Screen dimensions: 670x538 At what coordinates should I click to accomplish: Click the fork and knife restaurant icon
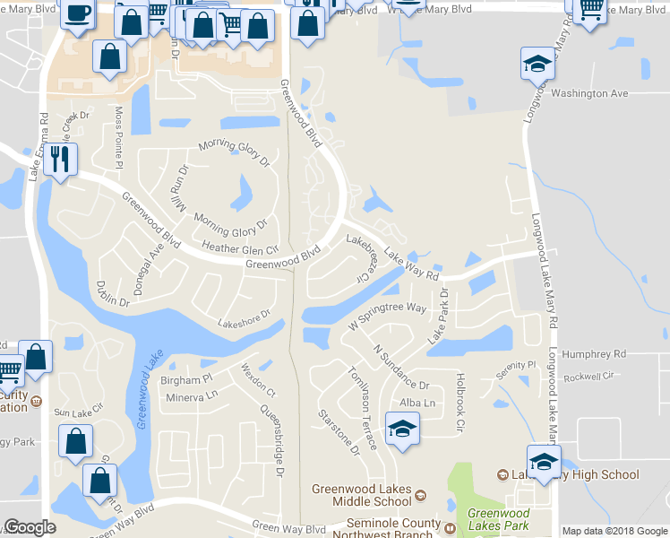click(x=60, y=160)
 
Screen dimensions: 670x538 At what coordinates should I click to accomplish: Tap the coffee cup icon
click(x=77, y=13)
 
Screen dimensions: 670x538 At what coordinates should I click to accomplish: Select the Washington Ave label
click(x=589, y=93)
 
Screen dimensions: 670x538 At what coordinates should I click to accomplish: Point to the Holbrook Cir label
click(x=461, y=398)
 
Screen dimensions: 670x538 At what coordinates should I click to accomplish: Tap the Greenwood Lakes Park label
click(x=497, y=519)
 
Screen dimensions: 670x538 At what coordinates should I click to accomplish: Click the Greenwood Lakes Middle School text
click(x=361, y=495)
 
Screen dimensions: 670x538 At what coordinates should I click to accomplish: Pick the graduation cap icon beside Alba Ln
click(x=402, y=428)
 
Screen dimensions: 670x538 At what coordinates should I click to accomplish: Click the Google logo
click(x=30, y=528)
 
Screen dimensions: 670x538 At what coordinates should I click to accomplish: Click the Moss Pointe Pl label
click(x=118, y=135)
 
